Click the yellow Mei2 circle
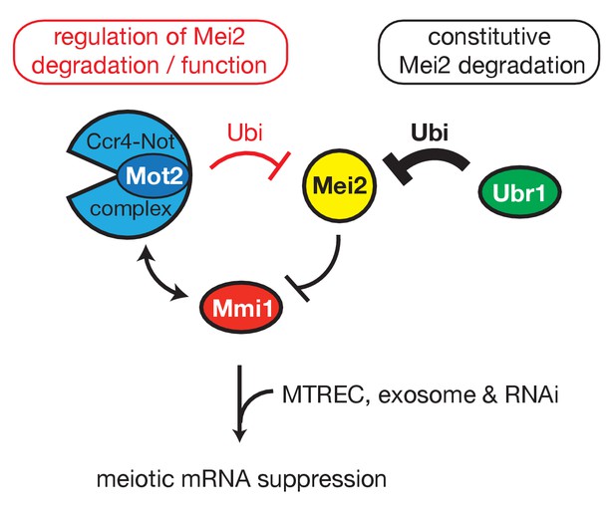(x=340, y=186)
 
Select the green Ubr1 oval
(x=519, y=191)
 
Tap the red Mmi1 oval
(x=241, y=307)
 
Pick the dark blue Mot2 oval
(x=154, y=175)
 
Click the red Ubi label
(x=245, y=132)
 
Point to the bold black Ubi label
(x=430, y=132)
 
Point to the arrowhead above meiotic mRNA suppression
(x=239, y=435)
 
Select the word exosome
(x=427, y=394)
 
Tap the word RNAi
(x=531, y=394)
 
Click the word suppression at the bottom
(x=322, y=479)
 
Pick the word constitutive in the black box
(x=489, y=37)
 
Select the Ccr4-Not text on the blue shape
(x=131, y=141)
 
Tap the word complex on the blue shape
(x=131, y=210)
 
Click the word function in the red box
(x=224, y=66)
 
